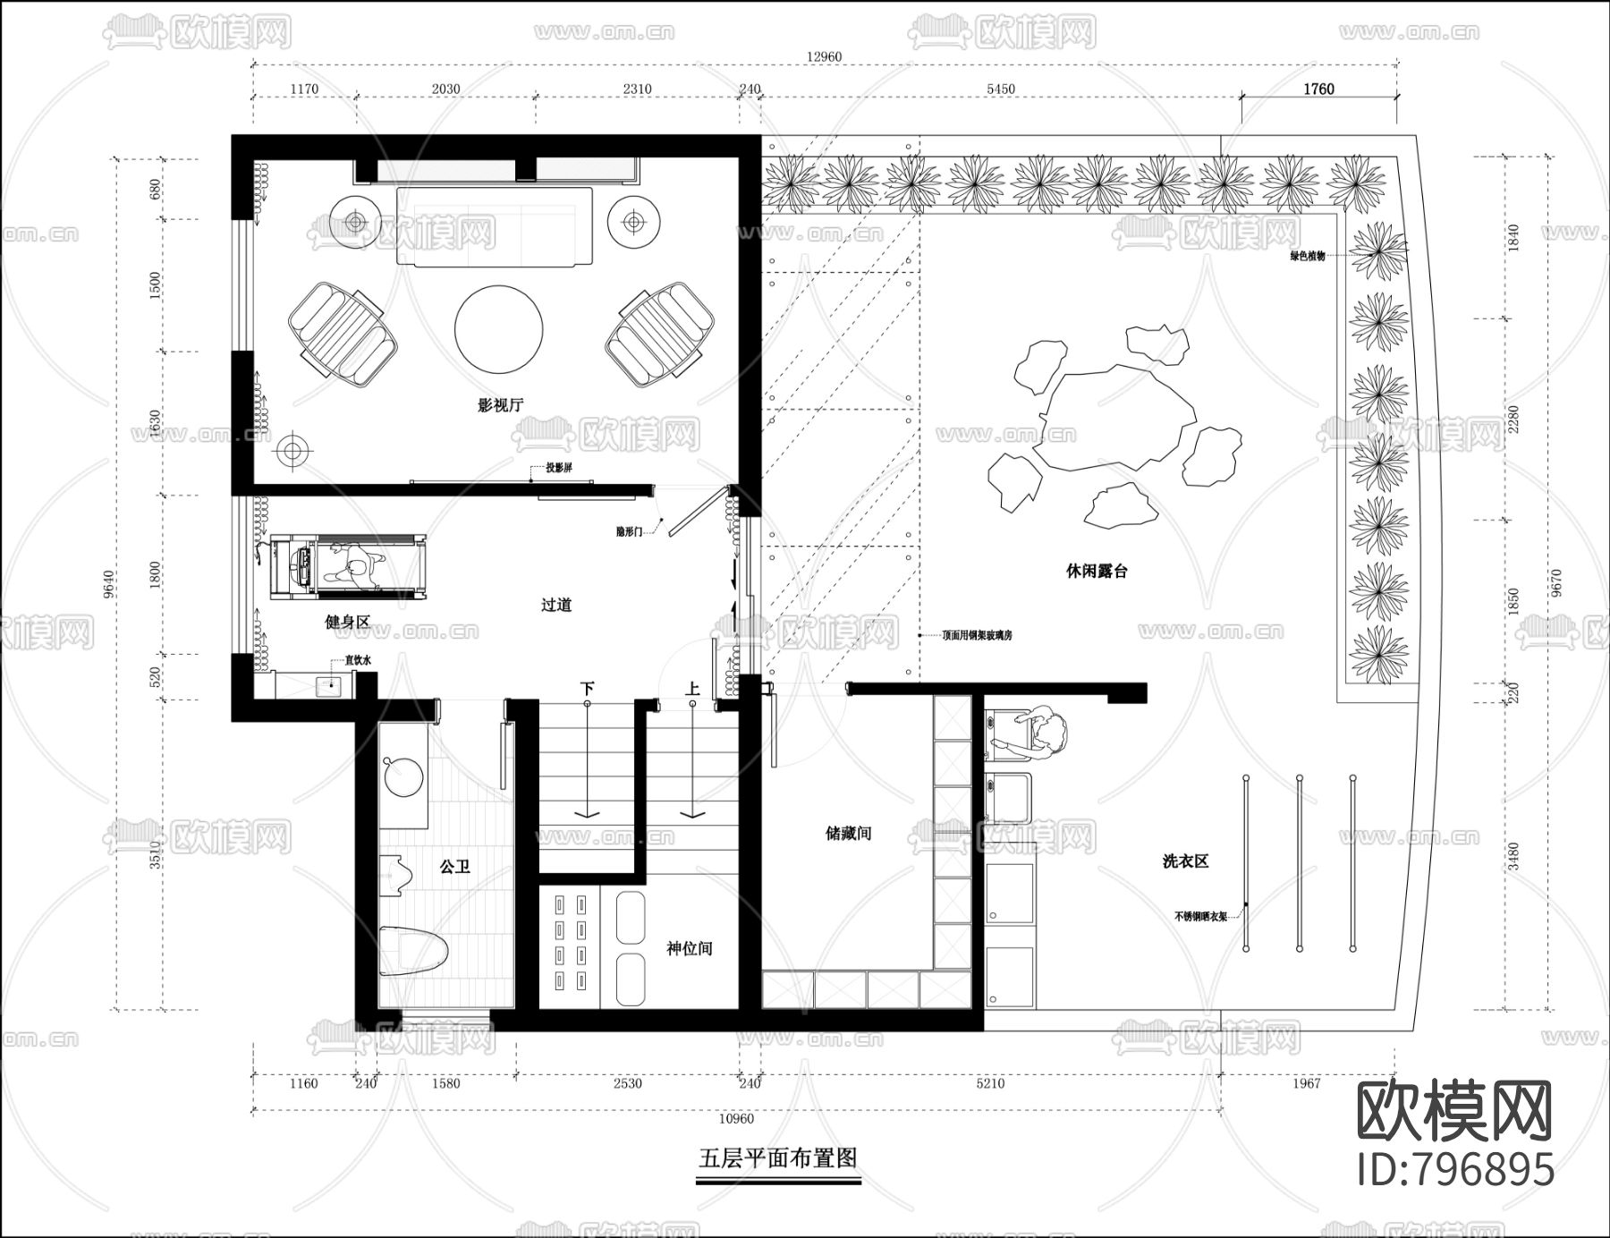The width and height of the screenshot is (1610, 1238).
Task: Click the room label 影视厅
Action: [x=500, y=404]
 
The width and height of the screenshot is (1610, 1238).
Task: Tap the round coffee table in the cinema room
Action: [x=498, y=328]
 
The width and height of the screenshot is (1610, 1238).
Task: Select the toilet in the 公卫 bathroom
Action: [x=412, y=951]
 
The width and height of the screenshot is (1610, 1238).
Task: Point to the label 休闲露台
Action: [x=1096, y=571]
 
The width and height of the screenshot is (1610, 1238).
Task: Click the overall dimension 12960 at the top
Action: [x=824, y=56]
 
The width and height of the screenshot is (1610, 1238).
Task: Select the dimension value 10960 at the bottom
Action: [x=735, y=1118]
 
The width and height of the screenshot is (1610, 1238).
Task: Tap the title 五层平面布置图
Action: [x=777, y=1157]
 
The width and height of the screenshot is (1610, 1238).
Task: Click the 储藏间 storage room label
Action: [x=847, y=833]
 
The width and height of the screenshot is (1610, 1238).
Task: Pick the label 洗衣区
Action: [x=1184, y=861]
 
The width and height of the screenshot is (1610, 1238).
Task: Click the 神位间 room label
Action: [x=689, y=948]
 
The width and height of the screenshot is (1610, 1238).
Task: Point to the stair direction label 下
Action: [x=587, y=689]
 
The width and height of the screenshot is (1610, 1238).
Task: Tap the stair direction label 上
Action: [x=692, y=689]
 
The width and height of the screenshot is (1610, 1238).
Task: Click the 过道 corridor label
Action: [x=555, y=605]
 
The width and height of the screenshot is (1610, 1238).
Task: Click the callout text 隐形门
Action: [x=629, y=531]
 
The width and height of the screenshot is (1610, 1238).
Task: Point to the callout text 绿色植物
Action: [x=1307, y=256]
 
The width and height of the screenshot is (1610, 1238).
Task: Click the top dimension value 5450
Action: [x=1000, y=89]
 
